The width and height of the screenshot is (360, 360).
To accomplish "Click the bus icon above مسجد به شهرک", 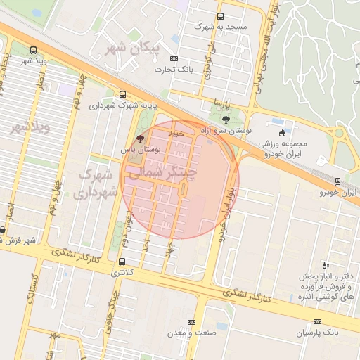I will tap(220, 16).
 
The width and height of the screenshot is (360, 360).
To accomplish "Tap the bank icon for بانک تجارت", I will tap(174, 59).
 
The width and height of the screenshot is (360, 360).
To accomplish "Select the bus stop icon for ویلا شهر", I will tap(34, 50).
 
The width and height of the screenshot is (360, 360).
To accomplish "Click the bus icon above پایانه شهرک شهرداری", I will tap(123, 94).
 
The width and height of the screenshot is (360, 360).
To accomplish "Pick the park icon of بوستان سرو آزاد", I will tap(245, 120).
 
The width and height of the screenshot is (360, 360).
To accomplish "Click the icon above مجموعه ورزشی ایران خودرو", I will tap(283, 133).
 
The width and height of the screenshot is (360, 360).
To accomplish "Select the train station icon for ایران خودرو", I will tap(338, 181).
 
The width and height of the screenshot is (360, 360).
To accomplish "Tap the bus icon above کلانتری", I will tap(122, 262).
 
